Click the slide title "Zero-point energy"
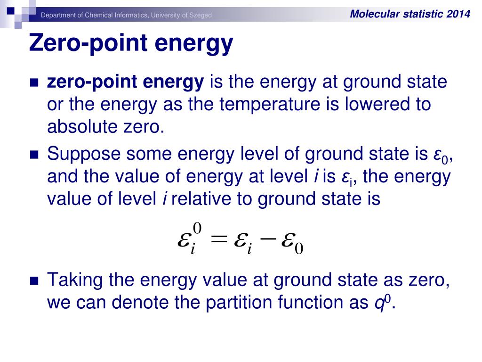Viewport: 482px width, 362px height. coord(131,44)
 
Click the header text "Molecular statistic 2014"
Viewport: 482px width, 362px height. coord(410,14)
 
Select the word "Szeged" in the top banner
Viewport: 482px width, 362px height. coord(201,16)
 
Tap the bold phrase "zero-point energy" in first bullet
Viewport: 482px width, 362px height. coord(125,82)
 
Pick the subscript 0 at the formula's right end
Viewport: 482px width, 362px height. coord(298,248)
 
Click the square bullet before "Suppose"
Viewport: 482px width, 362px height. coord(33,155)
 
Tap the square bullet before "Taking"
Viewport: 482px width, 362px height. coord(33,281)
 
